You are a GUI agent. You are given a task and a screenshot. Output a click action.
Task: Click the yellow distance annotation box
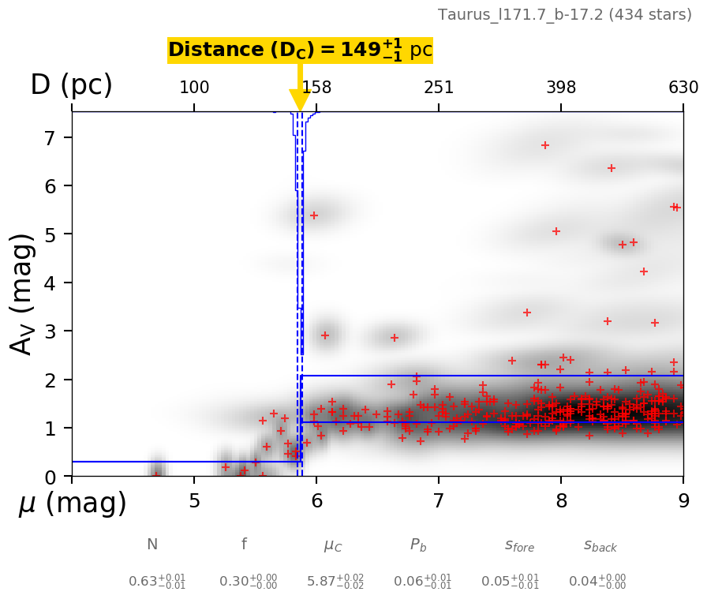pos(300,50)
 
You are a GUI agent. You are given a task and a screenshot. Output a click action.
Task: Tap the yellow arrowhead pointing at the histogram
pos(300,100)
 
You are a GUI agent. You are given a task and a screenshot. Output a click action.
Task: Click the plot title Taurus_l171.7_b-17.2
pos(564,14)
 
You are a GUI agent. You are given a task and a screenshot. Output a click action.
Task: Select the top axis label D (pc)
pos(71,85)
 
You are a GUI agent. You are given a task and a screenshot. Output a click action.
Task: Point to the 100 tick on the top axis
pos(194,88)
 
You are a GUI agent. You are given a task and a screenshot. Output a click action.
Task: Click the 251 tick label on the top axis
pos(439,88)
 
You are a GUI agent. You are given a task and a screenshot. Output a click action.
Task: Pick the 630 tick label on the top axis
pos(683,88)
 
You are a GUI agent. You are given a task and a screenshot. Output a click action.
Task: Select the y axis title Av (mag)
pos(23,294)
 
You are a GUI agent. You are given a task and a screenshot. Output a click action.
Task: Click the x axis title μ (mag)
pos(72,504)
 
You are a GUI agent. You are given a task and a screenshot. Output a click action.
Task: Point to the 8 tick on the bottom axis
pos(561,501)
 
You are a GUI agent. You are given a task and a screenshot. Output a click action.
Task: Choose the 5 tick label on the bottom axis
pos(194,501)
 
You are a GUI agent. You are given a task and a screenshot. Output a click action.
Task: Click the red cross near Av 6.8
pos(545,145)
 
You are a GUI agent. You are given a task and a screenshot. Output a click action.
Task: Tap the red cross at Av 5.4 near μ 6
pos(313,215)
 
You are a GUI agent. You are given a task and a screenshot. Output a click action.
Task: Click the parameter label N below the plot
pos(152,545)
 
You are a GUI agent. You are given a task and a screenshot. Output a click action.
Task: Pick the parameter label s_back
pos(600,545)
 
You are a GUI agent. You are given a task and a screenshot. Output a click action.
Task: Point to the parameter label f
pos(244,545)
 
